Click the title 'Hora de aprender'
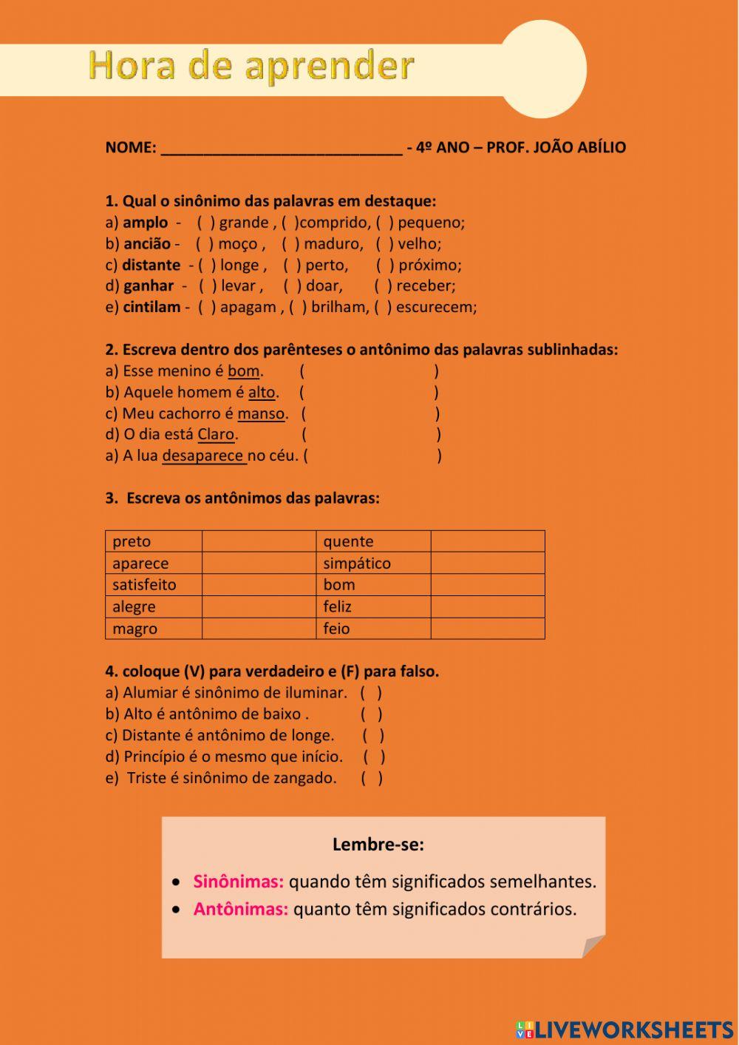[x=251, y=66]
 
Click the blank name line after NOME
[x=281, y=147]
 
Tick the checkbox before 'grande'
[x=206, y=223]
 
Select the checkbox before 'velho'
[x=385, y=244]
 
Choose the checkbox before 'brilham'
[x=298, y=308]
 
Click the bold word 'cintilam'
[x=151, y=308]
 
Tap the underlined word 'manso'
[x=261, y=413]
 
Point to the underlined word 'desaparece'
[x=203, y=456]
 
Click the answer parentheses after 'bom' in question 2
[x=369, y=371]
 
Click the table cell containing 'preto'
[x=154, y=541]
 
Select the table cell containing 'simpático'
[x=373, y=564]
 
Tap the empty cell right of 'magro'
[x=259, y=629]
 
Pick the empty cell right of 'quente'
[x=488, y=541]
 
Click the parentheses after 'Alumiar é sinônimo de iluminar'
[x=371, y=693]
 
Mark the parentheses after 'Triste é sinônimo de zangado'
[x=372, y=778]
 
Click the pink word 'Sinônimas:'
[x=238, y=882]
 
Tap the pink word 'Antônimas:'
[x=240, y=909]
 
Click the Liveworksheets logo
[x=624, y=1029]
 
